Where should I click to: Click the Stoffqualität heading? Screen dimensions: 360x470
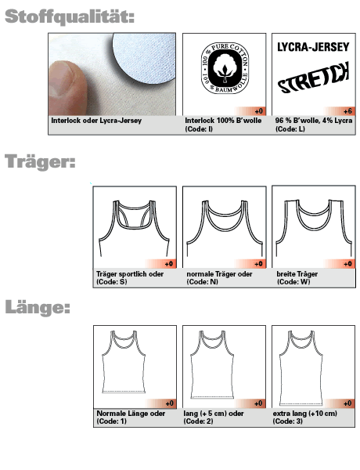[70, 16]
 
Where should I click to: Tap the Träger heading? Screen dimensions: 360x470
[40, 162]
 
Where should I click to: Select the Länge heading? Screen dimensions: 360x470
[38, 307]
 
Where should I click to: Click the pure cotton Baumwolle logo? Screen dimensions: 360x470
[225, 68]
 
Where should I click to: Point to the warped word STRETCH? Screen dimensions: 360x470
[314, 78]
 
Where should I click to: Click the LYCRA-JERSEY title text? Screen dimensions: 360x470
[313, 47]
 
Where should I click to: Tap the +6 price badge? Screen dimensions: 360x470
[347, 111]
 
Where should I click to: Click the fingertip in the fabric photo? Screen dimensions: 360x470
[67, 88]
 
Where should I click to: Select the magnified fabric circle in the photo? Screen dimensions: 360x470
[144, 57]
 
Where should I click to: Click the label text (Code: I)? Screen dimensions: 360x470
[199, 129]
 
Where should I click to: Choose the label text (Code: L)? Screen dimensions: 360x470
[290, 129]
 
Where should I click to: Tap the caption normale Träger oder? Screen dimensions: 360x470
[219, 274]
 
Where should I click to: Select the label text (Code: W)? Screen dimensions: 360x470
[293, 282]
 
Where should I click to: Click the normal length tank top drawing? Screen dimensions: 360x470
[124, 362]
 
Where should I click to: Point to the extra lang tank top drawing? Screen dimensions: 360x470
[301, 368]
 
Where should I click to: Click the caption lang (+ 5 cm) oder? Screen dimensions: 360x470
[214, 414]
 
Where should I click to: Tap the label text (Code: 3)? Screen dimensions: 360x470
[287, 421]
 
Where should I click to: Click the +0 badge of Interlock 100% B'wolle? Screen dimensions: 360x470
[259, 111]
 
